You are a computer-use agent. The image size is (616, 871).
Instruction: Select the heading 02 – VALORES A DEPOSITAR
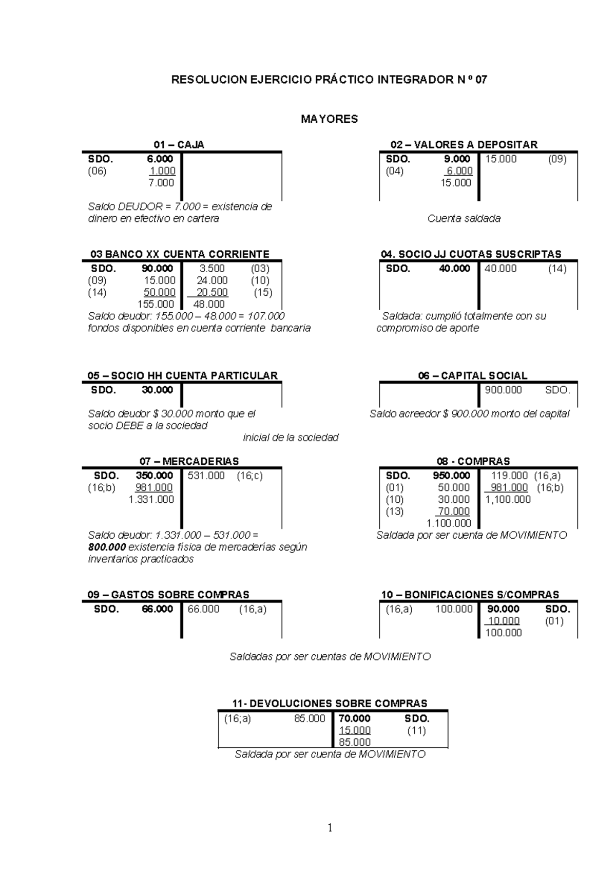pyautogui.click(x=464, y=145)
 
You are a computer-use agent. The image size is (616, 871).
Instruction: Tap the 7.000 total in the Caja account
pyautogui.click(x=161, y=183)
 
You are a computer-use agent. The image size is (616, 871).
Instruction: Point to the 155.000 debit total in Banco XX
pyautogui.click(x=156, y=304)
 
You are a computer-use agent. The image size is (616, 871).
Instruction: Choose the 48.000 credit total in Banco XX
pyautogui.click(x=209, y=304)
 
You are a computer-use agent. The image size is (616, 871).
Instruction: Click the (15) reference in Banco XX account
pyautogui.click(x=263, y=292)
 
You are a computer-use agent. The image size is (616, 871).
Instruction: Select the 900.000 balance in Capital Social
pyautogui.click(x=503, y=390)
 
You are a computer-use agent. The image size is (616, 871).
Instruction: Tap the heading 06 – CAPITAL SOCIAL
pyautogui.click(x=472, y=376)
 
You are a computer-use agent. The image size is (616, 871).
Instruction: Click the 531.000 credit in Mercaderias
pyautogui.click(x=206, y=476)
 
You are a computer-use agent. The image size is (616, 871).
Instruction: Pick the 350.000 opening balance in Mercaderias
pyautogui.click(x=155, y=476)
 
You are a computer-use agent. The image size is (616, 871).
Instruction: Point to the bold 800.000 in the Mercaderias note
pyautogui.click(x=107, y=547)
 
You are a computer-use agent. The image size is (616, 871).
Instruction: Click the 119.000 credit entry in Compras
pyautogui.click(x=509, y=476)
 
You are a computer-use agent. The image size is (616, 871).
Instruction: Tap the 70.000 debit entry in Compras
pyautogui.click(x=454, y=512)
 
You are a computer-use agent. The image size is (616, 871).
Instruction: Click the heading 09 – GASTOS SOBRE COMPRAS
pyautogui.click(x=168, y=595)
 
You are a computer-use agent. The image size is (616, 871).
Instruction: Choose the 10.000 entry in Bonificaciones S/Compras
pyautogui.click(x=504, y=621)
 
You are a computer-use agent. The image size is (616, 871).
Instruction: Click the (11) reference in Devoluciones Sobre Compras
pyautogui.click(x=416, y=731)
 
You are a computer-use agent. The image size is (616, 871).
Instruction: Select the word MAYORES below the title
pyautogui.click(x=329, y=120)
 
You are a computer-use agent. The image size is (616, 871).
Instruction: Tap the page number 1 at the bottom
pyautogui.click(x=330, y=827)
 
